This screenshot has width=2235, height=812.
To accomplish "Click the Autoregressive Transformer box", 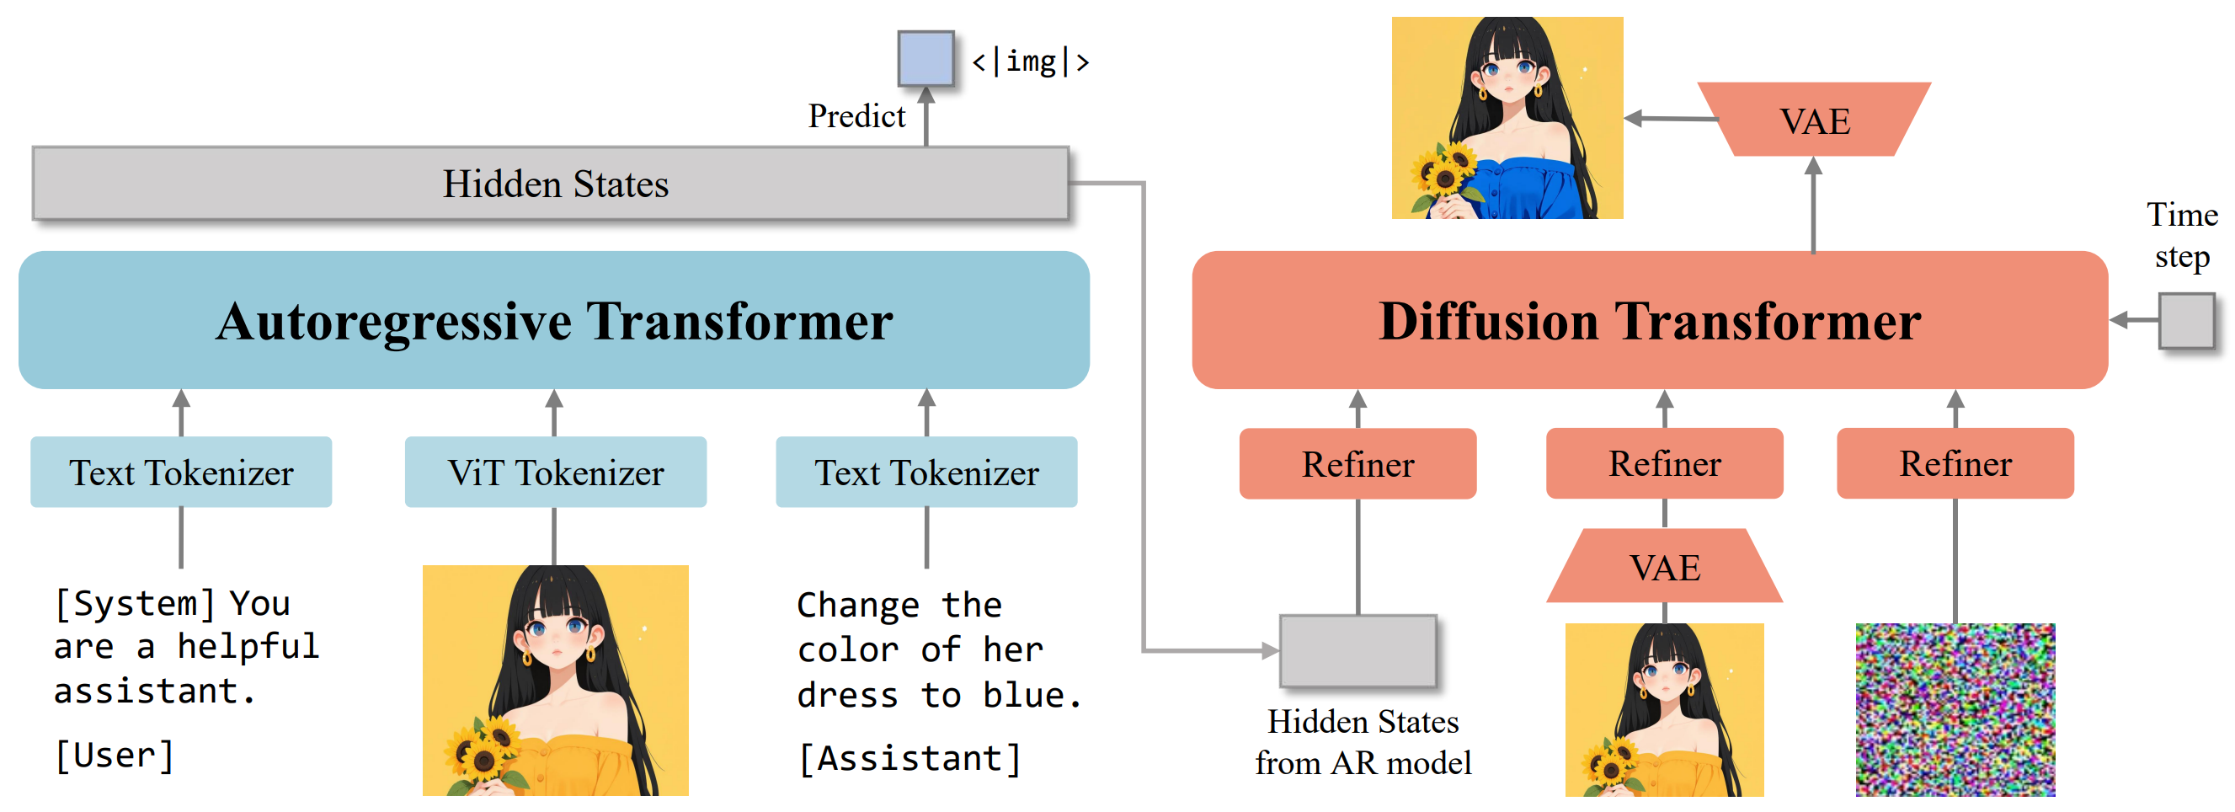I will [553, 320].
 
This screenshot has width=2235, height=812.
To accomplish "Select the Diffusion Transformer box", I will [1650, 320].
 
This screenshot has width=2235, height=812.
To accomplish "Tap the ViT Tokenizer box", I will [555, 472].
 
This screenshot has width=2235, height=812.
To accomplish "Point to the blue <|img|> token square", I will [925, 59].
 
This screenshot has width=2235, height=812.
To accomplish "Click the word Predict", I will [856, 116].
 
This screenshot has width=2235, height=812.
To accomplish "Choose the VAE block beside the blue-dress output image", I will [1814, 120].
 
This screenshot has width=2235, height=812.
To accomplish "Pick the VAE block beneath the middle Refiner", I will [1664, 568].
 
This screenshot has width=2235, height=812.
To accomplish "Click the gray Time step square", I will [2186, 321].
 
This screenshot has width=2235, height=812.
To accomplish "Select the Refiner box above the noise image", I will [1955, 464].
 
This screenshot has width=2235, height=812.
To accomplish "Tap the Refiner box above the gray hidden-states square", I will [1358, 464].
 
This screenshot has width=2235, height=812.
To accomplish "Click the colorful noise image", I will [1955, 709].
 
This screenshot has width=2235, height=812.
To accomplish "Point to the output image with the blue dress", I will [1507, 118].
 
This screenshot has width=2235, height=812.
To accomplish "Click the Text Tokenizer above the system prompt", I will [181, 472].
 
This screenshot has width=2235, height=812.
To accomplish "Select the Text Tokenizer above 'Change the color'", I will [926, 472].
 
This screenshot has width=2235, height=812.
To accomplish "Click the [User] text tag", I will [115, 756].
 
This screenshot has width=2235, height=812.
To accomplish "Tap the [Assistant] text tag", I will [909, 758].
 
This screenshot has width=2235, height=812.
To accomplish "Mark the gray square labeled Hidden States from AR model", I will [1358, 650].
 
